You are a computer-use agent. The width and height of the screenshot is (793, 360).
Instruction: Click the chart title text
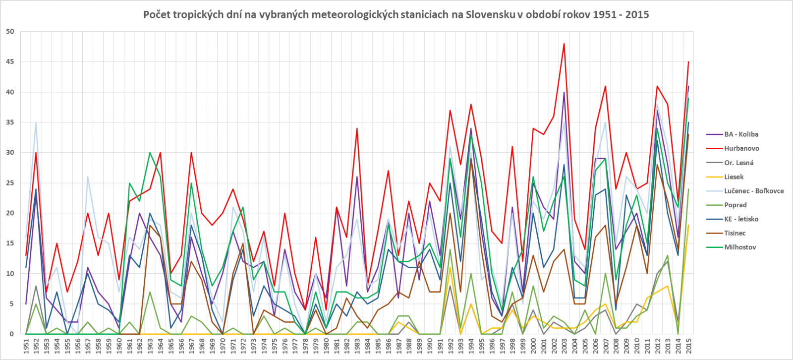[x=396, y=14]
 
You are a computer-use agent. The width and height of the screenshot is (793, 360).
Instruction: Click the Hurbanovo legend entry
[x=741, y=148]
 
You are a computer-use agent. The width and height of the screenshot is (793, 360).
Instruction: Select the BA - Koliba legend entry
[x=740, y=134]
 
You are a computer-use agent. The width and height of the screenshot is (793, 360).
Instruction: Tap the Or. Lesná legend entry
[x=738, y=163]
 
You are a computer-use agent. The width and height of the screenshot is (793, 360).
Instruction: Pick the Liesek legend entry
[x=734, y=177]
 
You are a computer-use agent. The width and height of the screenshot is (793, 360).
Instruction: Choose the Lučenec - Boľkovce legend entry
[x=753, y=191]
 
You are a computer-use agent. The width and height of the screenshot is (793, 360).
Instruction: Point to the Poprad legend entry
[x=735, y=205]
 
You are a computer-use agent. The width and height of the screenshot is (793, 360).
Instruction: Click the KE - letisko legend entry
[x=741, y=219]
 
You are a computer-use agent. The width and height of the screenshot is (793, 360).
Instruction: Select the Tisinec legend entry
[x=735, y=233]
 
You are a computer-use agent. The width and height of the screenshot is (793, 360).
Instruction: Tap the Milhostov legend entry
[x=740, y=247]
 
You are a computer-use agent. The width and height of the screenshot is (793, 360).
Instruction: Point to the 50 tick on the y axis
[x=10, y=32]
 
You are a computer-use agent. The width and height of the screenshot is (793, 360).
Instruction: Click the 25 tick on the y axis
[x=10, y=183]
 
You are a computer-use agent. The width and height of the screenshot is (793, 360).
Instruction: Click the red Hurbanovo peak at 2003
[x=564, y=44]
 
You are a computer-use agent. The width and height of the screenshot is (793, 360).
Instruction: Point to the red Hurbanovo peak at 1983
[x=357, y=128]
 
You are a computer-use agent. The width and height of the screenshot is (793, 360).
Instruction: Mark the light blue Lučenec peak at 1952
[x=36, y=122]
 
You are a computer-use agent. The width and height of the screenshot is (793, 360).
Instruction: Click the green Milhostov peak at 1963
[x=150, y=153]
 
